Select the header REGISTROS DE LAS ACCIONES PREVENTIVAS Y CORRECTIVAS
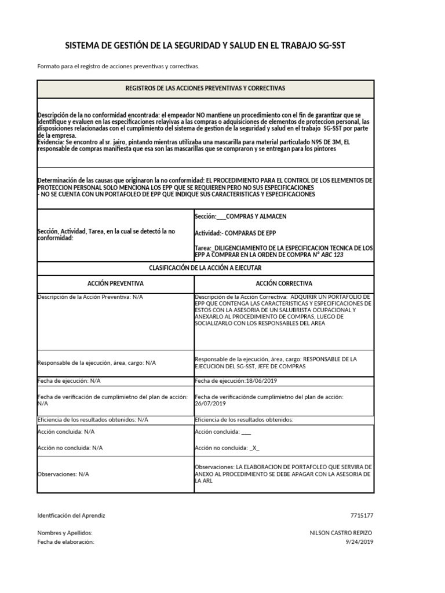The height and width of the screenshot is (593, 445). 205,88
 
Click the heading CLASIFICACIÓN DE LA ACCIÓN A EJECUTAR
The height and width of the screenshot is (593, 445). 205,268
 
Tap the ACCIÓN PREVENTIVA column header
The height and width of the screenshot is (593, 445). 115,284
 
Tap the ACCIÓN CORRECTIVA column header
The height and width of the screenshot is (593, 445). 284,284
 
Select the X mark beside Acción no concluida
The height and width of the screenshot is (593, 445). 254,448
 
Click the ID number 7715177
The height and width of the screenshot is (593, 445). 362,515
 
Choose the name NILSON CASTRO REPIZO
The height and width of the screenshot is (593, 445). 341,533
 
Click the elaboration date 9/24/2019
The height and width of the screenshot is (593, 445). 360,541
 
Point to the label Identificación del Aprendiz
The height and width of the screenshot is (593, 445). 71,515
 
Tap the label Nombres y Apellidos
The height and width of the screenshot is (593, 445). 64,533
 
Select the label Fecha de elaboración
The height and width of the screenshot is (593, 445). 65,541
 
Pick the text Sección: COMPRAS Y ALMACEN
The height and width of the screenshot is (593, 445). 240,217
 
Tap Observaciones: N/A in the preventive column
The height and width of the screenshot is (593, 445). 63,474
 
